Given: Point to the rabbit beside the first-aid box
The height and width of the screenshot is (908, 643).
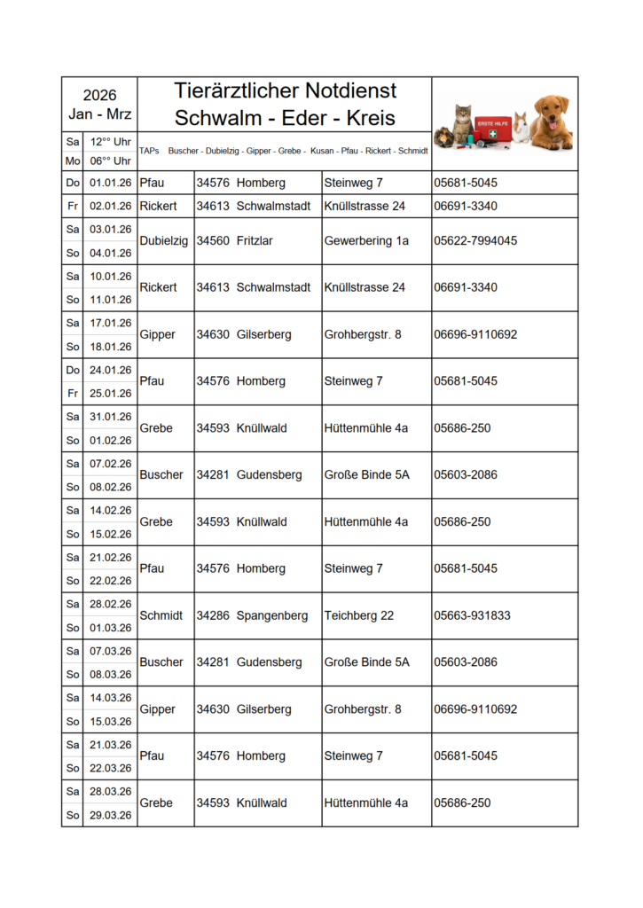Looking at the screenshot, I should [x=521, y=129].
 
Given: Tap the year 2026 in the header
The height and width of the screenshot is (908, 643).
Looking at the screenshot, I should [x=99, y=96].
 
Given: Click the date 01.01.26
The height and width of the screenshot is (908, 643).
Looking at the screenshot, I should [x=110, y=183].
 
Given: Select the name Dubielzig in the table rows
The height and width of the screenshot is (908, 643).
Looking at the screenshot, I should [x=164, y=241].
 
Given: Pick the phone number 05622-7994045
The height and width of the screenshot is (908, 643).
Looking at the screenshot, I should [x=475, y=241].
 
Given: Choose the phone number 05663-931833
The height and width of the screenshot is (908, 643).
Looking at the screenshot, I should [x=472, y=615].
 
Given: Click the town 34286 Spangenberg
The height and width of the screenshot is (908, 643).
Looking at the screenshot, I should [x=252, y=615].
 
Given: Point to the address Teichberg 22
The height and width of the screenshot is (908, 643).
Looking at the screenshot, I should [x=359, y=615].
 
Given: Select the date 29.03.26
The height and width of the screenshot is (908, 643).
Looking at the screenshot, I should [x=110, y=815].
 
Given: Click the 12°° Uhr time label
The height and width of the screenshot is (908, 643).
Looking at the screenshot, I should [x=110, y=142].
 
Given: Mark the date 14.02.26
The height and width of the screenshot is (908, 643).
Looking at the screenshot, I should [x=110, y=511].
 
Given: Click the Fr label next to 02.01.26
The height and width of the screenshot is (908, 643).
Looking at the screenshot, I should [x=73, y=206].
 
